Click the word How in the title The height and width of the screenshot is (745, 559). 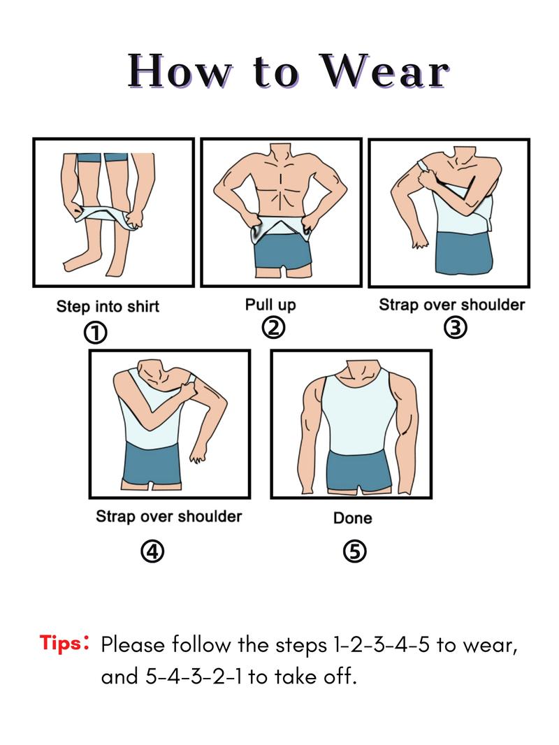click(177, 71)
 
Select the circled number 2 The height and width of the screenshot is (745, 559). click(273, 327)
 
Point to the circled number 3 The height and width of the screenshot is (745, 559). click(456, 327)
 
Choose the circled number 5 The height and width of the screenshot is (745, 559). click(354, 551)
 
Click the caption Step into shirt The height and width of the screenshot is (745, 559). click(108, 306)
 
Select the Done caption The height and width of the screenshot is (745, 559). click(352, 518)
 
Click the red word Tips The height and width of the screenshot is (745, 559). click(61, 643)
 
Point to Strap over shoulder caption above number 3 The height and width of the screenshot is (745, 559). click(451, 305)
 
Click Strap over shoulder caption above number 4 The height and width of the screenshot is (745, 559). click(168, 516)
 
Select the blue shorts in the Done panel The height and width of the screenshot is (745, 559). click(356, 472)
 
